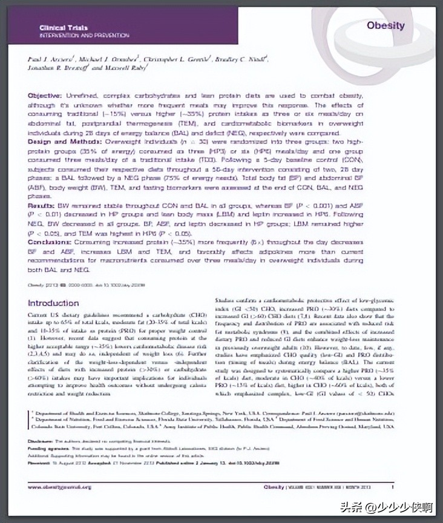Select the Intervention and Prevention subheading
84,36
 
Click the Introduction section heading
62,303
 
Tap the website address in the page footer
59,487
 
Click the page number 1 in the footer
392,487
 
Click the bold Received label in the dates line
41,462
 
